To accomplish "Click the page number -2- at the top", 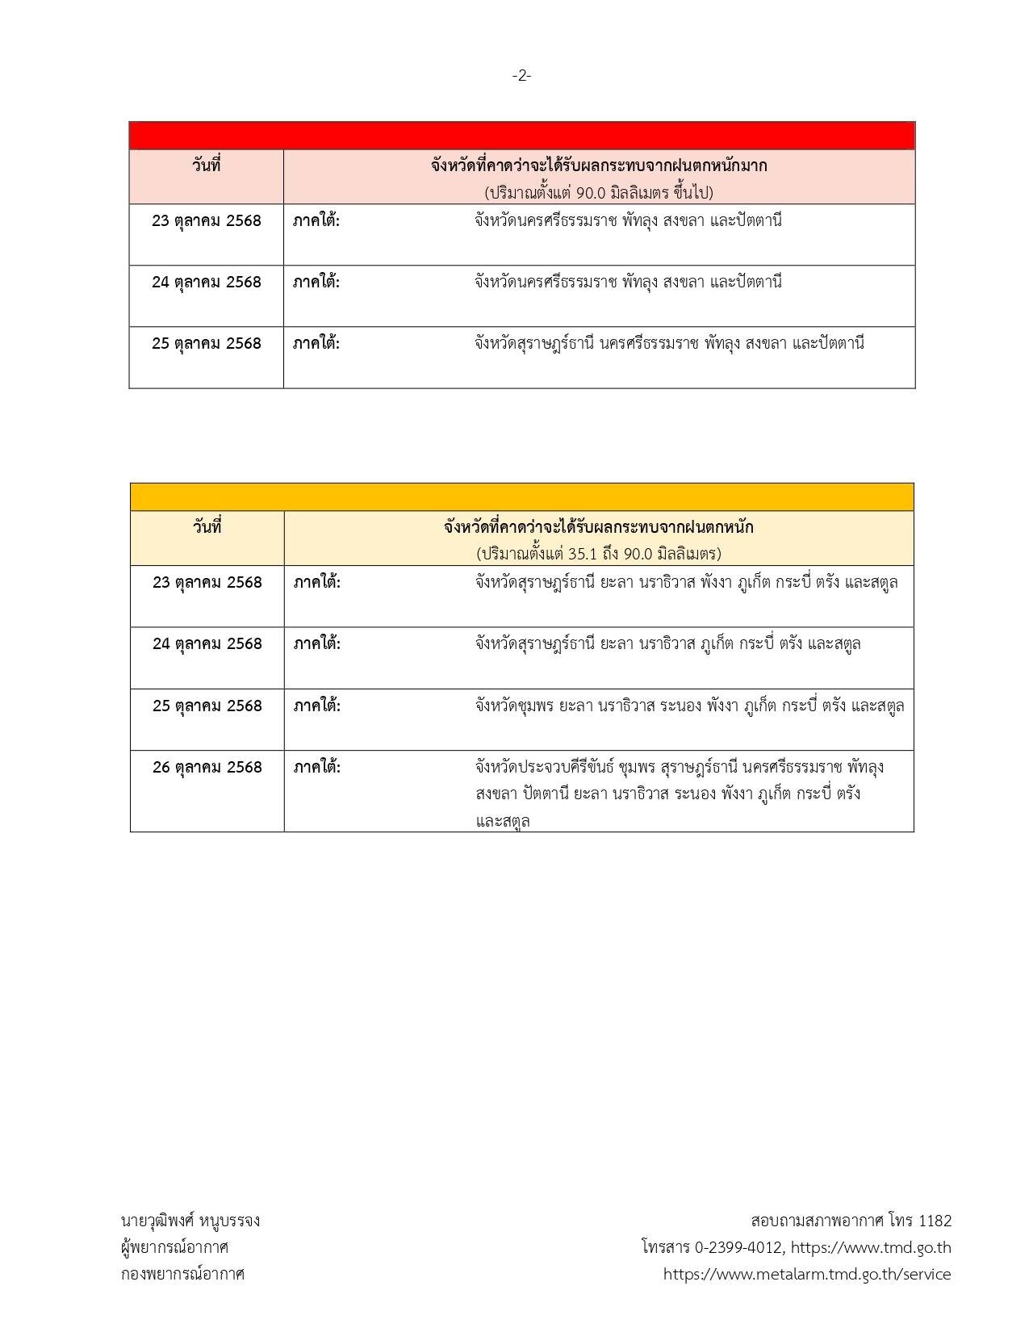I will pos(521,76).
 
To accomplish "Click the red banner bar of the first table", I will pos(521,136).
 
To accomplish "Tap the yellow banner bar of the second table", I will pos(521,496).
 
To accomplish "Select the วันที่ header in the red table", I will pos(207,166).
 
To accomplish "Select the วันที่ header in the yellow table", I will pos(207,527).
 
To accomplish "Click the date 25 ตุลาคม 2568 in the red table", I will pos(207,344).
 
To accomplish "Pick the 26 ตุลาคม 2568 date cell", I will pos(207,767).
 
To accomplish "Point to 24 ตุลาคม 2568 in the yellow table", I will pos(207,644).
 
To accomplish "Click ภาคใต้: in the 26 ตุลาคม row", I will pos(317,767).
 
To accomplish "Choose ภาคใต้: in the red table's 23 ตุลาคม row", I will pos(316,220).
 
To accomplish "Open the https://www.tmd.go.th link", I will pos(871,1247).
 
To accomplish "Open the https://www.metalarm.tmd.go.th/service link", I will pos(807,1274).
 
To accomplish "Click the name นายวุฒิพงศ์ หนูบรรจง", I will pos(190,1221).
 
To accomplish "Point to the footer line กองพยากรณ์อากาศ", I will pos(182,1274).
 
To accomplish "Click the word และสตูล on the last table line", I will pos(503,822).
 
